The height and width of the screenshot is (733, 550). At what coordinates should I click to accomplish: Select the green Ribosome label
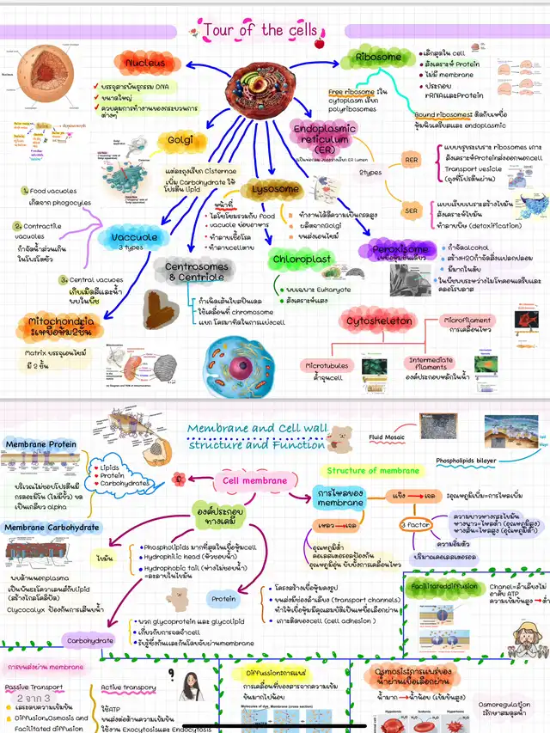click(379, 58)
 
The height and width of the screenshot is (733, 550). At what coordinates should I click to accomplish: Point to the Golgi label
click(180, 140)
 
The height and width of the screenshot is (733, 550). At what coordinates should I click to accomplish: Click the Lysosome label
click(275, 188)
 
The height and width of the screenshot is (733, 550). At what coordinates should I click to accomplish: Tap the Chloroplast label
click(302, 259)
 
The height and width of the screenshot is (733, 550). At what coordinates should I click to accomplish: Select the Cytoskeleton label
click(379, 321)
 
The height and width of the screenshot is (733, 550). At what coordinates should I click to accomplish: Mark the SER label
click(411, 211)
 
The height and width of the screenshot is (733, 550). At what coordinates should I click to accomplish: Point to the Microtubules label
click(328, 364)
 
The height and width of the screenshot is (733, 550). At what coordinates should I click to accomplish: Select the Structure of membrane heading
click(373, 470)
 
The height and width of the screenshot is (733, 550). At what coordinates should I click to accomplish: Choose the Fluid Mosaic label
click(388, 437)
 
